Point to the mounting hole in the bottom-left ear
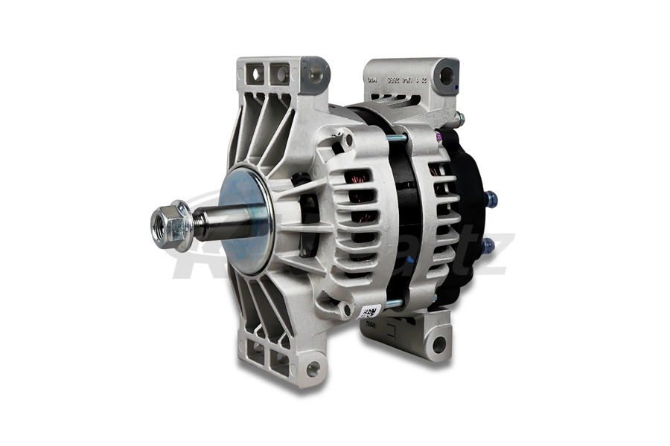coord(313,367)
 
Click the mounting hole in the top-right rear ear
coord(446,75)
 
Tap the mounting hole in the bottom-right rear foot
coord(438,343)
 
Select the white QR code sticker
coord(370,311)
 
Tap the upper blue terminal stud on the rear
coord(490,199)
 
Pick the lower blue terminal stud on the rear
coord(487,243)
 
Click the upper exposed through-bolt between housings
coord(395,138)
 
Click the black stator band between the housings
coord(406,216)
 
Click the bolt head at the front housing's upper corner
coord(345,139)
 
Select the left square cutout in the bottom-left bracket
coord(257,357)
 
